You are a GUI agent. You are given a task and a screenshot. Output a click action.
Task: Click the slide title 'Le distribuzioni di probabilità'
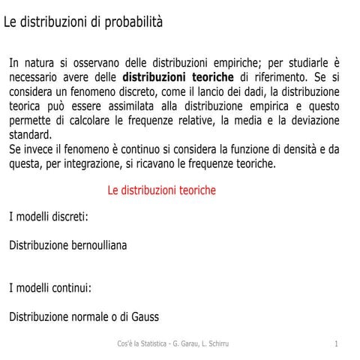click(x=83, y=22)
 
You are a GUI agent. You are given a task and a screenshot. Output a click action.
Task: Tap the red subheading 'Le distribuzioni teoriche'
click(x=161, y=190)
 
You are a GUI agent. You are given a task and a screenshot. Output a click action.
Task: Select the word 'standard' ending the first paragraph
click(x=30, y=135)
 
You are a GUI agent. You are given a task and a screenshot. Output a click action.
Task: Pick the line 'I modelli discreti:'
click(x=49, y=217)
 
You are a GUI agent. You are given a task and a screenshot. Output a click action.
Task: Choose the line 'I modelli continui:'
click(x=50, y=288)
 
